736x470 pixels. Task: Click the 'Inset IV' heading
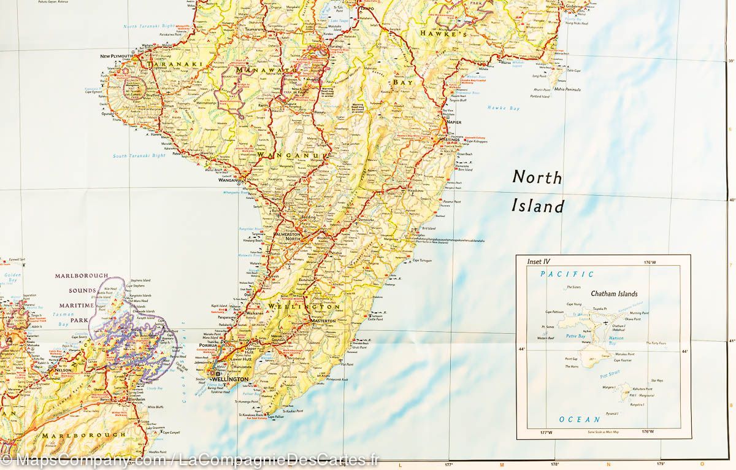pos(538,261)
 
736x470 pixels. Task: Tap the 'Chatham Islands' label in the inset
pos(614,294)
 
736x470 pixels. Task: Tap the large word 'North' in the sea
pos(537,177)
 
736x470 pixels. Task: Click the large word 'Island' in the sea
pos(537,206)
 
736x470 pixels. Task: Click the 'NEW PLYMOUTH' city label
pos(117,56)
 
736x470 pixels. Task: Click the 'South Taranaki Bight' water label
pos(139,156)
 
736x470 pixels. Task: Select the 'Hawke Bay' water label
pos(503,109)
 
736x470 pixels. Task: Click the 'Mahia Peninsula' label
pos(567,89)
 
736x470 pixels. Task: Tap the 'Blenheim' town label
pos(154,398)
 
